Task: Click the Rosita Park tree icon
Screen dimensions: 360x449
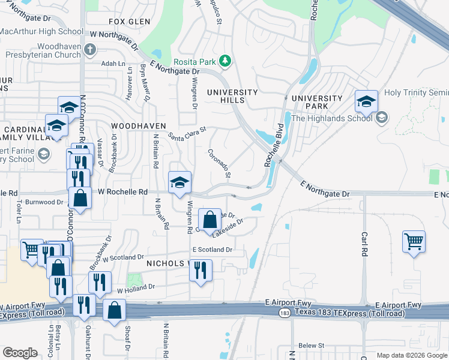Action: (x=225, y=60)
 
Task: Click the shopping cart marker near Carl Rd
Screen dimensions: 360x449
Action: (x=414, y=242)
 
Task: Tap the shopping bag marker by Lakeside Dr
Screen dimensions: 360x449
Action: (x=209, y=220)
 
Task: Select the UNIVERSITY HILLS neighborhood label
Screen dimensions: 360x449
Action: (x=232, y=97)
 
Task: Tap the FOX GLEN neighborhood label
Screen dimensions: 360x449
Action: (x=129, y=22)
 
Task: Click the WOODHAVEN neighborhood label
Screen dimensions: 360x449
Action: (x=138, y=126)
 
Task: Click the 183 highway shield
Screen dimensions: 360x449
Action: (x=284, y=313)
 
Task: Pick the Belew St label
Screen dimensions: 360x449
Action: (x=312, y=346)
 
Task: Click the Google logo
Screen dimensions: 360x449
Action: (x=20, y=353)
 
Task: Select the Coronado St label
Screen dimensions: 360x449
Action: (x=220, y=163)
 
